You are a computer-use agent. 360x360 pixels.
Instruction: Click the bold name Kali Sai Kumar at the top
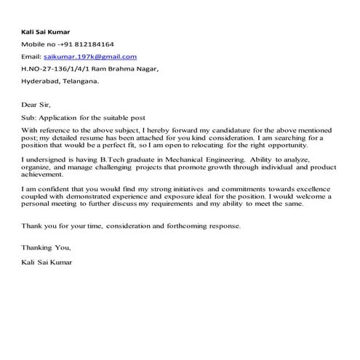[x=46, y=31]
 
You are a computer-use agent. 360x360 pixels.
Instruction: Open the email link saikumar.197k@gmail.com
[x=90, y=56]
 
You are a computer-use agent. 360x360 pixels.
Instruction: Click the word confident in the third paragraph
[x=46, y=189]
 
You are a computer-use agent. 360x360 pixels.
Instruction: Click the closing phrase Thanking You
[x=46, y=247]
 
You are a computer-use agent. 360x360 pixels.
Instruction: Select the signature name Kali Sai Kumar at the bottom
[x=47, y=260]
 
